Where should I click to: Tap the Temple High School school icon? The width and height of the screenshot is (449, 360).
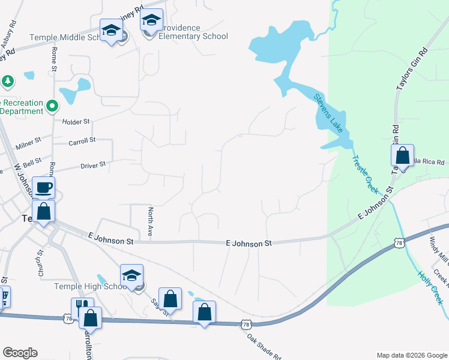131,276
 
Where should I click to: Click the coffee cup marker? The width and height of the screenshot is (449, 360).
43,188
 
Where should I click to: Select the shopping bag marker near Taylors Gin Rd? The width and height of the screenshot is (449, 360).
402,155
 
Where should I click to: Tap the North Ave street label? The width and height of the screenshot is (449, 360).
151,222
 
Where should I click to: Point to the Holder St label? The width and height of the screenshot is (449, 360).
76,121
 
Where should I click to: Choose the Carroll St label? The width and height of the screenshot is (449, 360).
82,140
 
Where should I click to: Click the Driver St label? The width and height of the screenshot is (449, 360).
93,164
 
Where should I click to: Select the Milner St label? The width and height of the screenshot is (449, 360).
29,143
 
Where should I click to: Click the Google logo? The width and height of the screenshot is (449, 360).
20,353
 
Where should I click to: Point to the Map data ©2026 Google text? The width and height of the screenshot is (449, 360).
411,355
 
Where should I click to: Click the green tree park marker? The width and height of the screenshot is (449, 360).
7,80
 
